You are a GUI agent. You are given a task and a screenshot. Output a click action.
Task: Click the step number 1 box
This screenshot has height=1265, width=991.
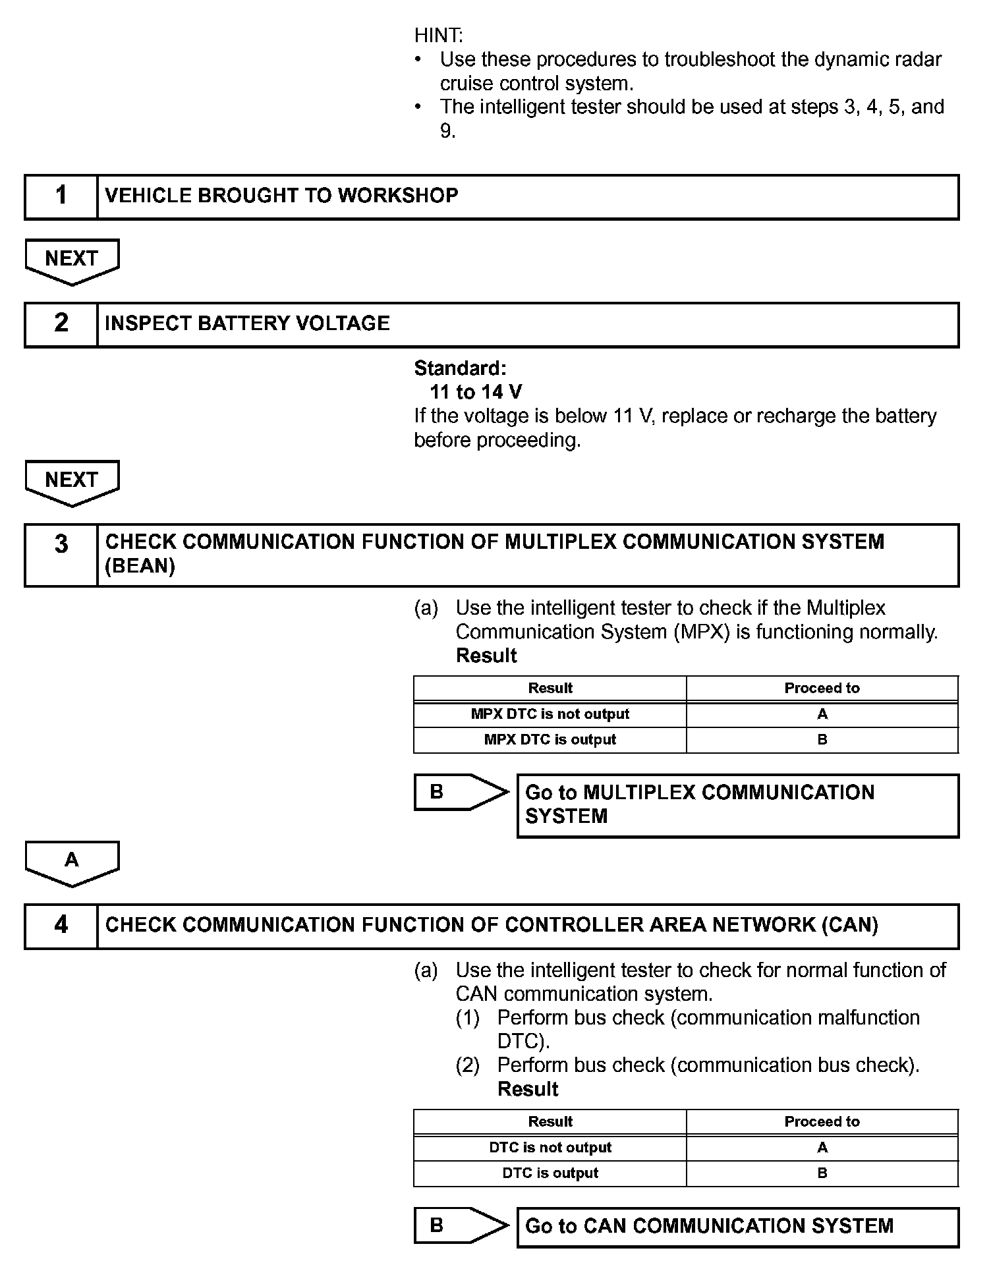61,196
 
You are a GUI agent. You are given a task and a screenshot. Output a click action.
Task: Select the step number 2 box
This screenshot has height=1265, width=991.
61,324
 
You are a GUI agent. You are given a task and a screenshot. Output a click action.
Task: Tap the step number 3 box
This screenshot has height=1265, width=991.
61,555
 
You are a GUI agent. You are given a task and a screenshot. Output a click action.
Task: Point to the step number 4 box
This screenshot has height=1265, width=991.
61,926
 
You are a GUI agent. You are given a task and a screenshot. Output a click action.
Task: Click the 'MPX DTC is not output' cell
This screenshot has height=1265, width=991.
550,714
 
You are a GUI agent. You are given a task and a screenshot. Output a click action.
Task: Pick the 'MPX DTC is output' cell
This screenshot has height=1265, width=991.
550,740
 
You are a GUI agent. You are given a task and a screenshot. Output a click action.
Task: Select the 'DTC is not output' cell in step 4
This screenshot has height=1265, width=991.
550,1148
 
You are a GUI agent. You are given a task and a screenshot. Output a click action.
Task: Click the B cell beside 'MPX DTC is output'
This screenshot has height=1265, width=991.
822,740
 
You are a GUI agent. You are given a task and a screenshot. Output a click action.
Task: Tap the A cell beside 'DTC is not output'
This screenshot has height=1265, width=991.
822,1148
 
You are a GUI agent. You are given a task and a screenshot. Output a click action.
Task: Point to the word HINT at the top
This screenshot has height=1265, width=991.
439,35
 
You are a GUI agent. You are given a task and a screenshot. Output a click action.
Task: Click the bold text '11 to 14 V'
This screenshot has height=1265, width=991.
476,393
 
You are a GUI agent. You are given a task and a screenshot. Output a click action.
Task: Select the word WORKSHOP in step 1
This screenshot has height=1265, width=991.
398,196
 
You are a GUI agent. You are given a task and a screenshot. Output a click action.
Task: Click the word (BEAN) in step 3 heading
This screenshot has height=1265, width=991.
140,567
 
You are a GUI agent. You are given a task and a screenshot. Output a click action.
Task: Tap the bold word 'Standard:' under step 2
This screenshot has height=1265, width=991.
460,368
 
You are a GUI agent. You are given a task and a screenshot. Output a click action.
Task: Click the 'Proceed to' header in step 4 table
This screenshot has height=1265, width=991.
822,1122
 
